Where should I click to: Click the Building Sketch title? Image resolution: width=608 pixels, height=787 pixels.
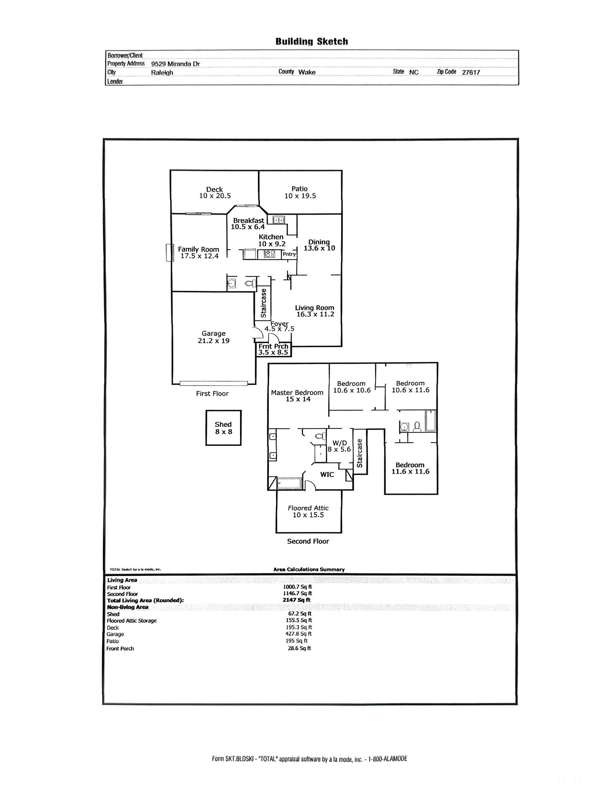(x=312, y=41)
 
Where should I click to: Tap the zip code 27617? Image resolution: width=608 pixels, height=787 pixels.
(x=471, y=72)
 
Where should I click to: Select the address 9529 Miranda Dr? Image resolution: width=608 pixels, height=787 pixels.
(x=175, y=64)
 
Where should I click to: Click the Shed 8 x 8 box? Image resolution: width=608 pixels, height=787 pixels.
(x=223, y=428)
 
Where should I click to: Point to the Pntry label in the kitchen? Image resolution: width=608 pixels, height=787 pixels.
(x=289, y=254)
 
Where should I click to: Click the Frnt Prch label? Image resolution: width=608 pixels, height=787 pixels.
(x=273, y=346)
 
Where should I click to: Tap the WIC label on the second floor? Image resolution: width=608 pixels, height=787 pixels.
(x=327, y=474)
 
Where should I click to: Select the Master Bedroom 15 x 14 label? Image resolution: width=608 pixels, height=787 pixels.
(x=297, y=396)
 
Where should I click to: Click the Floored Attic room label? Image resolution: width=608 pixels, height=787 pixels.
(x=308, y=508)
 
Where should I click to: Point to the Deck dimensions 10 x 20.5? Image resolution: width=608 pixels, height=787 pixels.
(x=215, y=196)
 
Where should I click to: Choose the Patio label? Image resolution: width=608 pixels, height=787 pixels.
(x=300, y=189)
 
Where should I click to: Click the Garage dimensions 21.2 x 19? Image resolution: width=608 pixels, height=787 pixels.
(x=214, y=341)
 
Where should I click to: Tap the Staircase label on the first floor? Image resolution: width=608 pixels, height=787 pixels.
(x=263, y=303)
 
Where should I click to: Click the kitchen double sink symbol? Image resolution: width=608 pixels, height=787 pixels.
(x=279, y=219)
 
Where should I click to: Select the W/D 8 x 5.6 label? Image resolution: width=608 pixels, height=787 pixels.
(x=339, y=446)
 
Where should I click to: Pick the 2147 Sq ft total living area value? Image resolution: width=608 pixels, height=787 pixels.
(x=296, y=600)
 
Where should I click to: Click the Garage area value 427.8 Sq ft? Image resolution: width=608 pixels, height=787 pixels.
(x=299, y=634)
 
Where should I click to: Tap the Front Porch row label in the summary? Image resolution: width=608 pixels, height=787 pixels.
(x=120, y=649)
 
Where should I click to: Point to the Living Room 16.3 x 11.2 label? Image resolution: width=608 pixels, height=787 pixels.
(x=315, y=311)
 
